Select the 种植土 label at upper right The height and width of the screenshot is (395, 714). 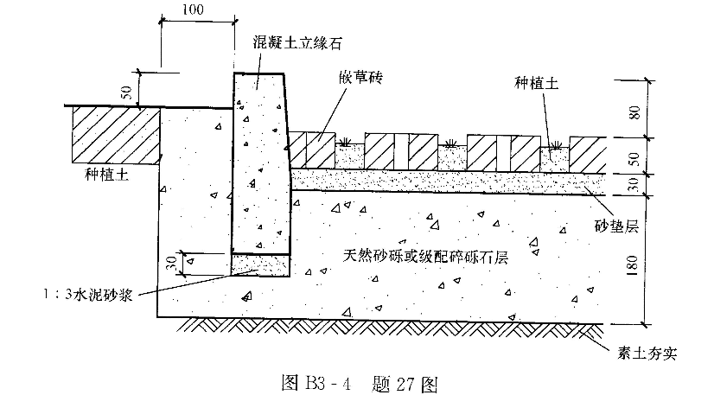535,83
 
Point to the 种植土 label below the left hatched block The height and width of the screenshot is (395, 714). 106,173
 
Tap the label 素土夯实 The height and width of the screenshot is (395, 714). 649,353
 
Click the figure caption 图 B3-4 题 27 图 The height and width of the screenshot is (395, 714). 356,381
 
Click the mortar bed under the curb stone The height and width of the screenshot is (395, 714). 260,264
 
